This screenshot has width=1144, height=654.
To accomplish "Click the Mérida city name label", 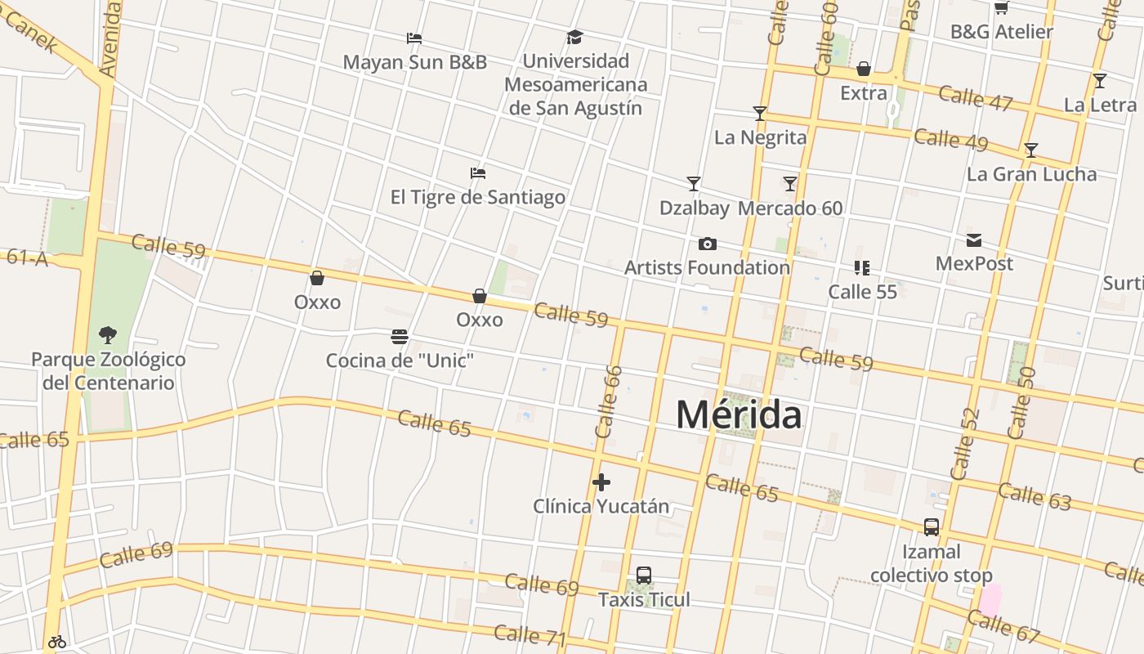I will pyautogui.click(x=739, y=414).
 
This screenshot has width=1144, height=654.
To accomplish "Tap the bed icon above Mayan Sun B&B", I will pyautogui.click(x=414, y=38).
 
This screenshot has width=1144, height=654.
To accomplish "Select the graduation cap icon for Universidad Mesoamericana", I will pyautogui.click(x=575, y=38).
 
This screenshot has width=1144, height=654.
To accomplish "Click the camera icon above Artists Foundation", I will pyautogui.click(x=708, y=244).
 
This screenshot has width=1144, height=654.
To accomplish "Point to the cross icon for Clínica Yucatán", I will pyautogui.click(x=601, y=482).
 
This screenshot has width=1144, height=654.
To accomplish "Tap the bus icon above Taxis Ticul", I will pyautogui.click(x=644, y=576).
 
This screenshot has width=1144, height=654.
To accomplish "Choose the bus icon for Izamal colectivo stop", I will pyautogui.click(x=932, y=527).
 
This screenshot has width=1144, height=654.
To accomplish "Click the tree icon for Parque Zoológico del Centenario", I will pyautogui.click(x=107, y=334).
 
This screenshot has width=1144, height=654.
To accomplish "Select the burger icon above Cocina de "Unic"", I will pyautogui.click(x=400, y=337).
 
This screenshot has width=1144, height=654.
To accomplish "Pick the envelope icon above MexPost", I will pyautogui.click(x=974, y=240).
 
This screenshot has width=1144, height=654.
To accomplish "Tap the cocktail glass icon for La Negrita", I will pyautogui.click(x=760, y=114).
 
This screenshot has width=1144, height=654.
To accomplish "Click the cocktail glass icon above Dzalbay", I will pyautogui.click(x=694, y=184).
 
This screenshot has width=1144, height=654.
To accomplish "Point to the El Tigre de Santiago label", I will pyautogui.click(x=478, y=197).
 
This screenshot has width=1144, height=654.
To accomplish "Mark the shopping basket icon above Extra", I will pyautogui.click(x=864, y=69).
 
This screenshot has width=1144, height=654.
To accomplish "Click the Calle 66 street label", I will pyautogui.click(x=609, y=401).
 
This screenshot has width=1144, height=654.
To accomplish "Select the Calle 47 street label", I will pyautogui.click(x=976, y=98).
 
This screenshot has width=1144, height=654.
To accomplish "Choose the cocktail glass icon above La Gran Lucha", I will pyautogui.click(x=1031, y=150).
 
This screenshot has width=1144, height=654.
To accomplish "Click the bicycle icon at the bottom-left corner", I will pyautogui.click(x=57, y=642).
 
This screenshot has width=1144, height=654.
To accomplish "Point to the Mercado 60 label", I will pyautogui.click(x=790, y=208).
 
